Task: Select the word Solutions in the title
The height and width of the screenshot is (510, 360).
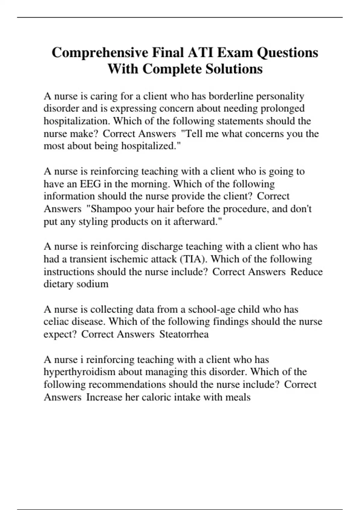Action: coord(234,69)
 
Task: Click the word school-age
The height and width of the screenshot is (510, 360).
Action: coord(209,309)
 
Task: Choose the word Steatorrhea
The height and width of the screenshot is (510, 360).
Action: coord(184,334)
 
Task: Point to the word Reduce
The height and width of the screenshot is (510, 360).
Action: coord(306,271)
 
